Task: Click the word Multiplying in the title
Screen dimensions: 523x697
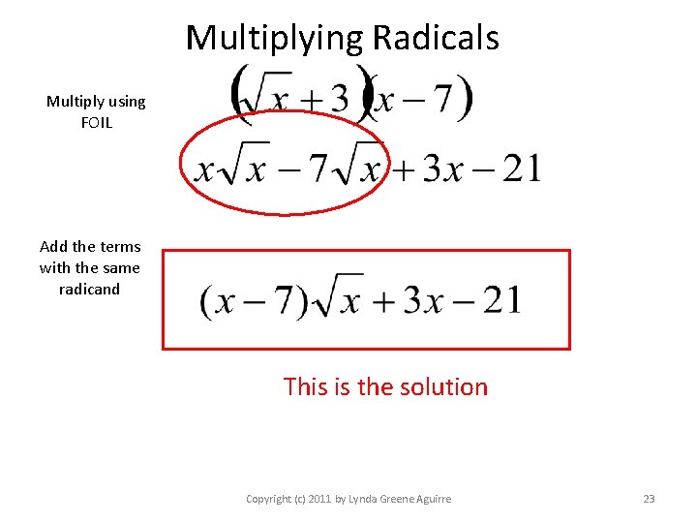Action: point(274,38)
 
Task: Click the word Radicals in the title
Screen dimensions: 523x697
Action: point(436,38)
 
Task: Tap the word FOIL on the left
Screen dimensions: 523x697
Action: point(97,122)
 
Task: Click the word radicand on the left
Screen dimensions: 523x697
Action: point(89,289)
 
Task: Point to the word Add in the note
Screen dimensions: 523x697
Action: point(53,246)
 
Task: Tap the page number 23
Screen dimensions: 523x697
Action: point(649,499)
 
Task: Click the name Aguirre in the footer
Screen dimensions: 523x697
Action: point(428,499)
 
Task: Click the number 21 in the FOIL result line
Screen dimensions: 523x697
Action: point(521,169)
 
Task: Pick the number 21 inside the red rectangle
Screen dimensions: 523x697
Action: point(500,300)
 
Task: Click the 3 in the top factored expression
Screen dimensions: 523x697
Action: point(338,98)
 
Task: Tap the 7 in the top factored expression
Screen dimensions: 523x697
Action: point(443,98)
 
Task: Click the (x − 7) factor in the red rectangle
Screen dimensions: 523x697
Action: point(254,300)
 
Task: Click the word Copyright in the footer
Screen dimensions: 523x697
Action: point(267,499)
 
